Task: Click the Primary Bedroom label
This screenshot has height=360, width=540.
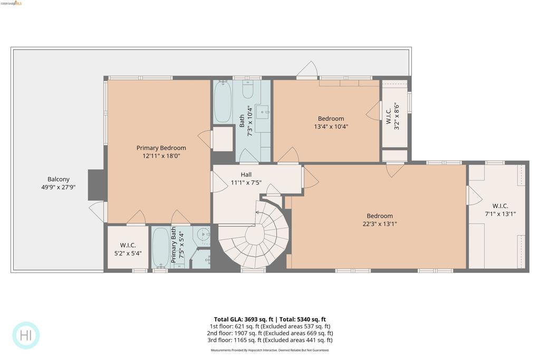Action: click(161, 148)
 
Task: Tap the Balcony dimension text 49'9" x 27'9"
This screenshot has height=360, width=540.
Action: click(58, 187)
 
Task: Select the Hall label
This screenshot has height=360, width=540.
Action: click(246, 174)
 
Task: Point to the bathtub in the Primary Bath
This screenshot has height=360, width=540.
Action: click(160, 247)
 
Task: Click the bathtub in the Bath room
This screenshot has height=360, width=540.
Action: click(223, 101)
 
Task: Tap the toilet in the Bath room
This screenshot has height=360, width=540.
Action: click(248, 90)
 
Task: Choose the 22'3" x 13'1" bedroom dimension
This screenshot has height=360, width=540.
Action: click(380, 224)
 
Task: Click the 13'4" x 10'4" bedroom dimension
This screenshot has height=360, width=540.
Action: click(331, 127)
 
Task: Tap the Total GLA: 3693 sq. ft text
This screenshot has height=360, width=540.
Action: click(245, 319)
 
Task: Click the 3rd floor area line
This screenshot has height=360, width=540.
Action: click(269, 340)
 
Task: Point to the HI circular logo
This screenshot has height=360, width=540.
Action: click(26, 335)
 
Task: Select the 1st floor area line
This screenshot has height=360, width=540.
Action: click(269, 326)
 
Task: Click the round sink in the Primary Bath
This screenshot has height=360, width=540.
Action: click(204, 235)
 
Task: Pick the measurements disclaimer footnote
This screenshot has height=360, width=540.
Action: click(269, 350)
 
